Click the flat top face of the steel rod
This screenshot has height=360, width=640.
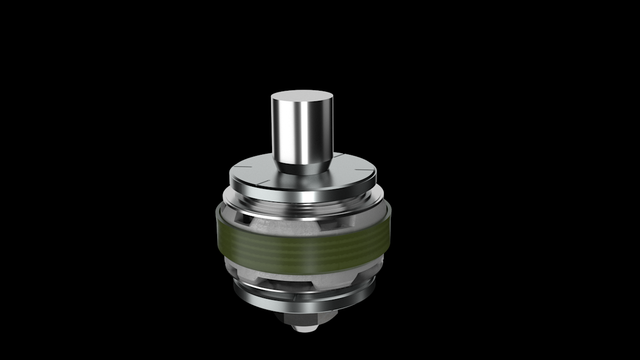(x=302, y=99)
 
